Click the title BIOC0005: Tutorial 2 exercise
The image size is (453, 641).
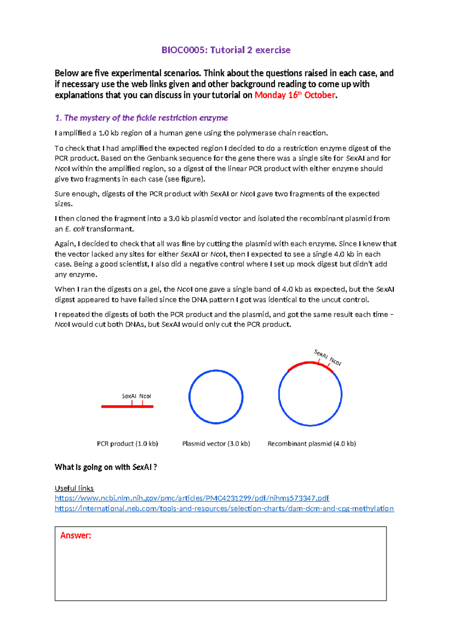click(x=226, y=50)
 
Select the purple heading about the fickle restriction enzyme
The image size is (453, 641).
click(x=141, y=118)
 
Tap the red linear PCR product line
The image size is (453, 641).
click(x=113, y=406)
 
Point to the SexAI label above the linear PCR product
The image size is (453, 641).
click(x=129, y=396)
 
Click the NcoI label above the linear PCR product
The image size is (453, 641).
click(x=145, y=396)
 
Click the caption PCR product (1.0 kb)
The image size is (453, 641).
click(x=127, y=443)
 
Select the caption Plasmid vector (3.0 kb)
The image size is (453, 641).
click(x=216, y=443)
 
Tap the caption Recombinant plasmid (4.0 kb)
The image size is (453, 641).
click(x=311, y=443)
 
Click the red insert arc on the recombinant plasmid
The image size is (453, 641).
click(x=302, y=364)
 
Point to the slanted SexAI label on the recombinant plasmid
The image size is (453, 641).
click(x=320, y=354)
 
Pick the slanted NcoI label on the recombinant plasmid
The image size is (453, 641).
click(x=335, y=361)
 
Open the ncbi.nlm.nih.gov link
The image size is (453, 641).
click(x=192, y=498)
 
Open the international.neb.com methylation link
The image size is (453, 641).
click(x=224, y=508)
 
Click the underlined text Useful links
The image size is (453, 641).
click(x=74, y=488)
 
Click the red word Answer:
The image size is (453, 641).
click(x=75, y=535)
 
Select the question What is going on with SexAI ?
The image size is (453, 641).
click(x=106, y=467)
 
